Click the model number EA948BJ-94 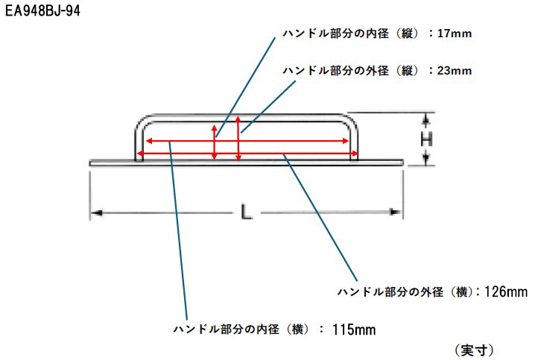42,11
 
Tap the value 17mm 455,34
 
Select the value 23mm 455,71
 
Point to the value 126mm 506,291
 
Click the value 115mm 354,329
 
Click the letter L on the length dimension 246,212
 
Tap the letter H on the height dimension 426,139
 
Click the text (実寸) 474,350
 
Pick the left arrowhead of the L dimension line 97,213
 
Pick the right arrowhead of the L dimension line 396,212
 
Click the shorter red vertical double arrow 215,142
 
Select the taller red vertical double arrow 238,138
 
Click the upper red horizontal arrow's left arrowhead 149,141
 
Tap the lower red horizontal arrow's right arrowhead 354,154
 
